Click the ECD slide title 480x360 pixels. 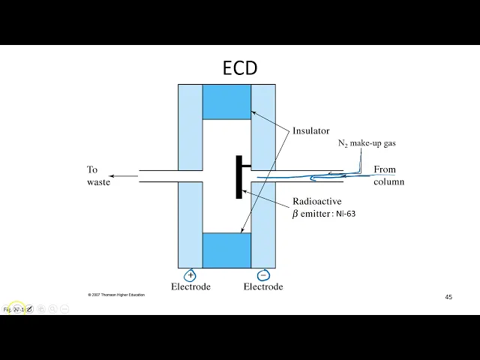click(x=240, y=68)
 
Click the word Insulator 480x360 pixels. click(x=310, y=130)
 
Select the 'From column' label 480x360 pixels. click(x=388, y=175)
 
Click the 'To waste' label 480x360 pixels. click(x=97, y=175)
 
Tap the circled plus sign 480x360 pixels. click(x=190, y=274)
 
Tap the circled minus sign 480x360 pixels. click(x=263, y=274)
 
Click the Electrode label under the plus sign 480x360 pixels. click(x=190, y=286)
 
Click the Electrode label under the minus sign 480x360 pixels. click(x=263, y=286)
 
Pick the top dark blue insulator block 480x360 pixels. click(x=226, y=102)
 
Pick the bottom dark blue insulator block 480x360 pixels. click(x=226, y=250)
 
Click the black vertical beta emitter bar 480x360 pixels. click(x=239, y=177)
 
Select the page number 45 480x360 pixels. click(x=448, y=297)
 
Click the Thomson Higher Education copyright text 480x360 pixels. click(x=116, y=295)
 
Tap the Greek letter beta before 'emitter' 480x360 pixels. click(x=295, y=214)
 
